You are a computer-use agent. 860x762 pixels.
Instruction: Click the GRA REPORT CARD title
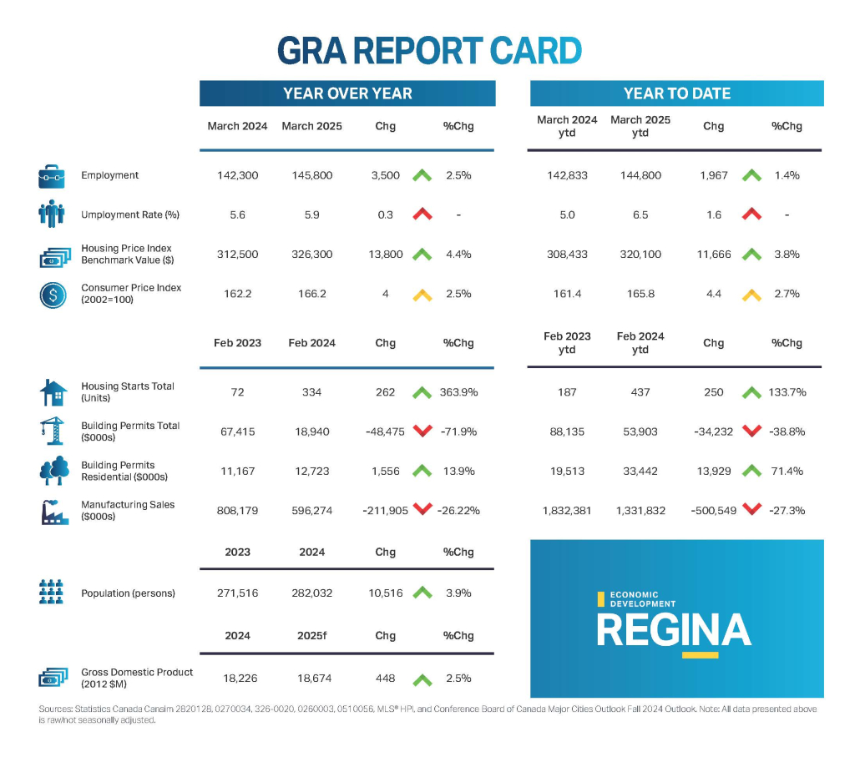(429, 51)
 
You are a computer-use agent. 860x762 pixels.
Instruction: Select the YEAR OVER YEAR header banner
(347, 93)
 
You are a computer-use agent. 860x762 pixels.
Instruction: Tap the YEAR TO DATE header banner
(676, 93)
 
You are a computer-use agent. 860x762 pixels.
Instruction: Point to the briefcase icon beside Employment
(52, 176)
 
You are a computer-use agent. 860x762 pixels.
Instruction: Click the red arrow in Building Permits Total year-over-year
(422, 431)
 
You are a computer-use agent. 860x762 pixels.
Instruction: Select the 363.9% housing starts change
(458, 392)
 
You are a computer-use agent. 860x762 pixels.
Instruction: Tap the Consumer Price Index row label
(131, 293)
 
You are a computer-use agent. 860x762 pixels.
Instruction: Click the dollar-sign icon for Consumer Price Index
(52, 295)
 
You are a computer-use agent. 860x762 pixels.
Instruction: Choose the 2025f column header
(311, 635)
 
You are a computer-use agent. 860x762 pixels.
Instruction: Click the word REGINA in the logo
(673, 630)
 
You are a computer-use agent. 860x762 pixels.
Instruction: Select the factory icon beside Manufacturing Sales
(53, 511)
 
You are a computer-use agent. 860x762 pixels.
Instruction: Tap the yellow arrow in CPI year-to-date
(752, 294)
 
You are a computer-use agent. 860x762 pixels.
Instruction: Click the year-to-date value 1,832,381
(566, 510)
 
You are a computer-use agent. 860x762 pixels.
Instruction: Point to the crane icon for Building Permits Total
(50, 431)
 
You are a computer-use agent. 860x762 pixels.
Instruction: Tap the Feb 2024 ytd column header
(640, 342)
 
